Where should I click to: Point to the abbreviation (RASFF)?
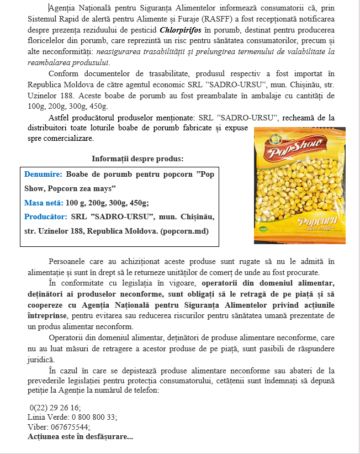(x=211, y=20)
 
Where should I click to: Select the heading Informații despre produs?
(x=137, y=159)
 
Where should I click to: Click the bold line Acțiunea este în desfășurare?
(x=80, y=436)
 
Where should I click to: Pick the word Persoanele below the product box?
(x=70, y=261)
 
